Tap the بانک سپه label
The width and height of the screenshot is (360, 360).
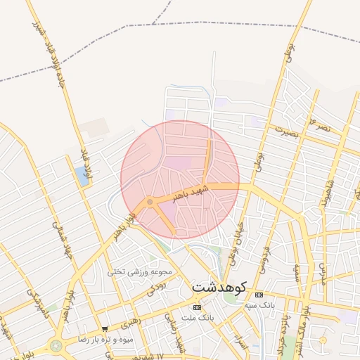[x=259, y=305]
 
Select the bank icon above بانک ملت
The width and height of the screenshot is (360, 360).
[x=196, y=307]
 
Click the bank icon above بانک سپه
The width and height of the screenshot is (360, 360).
[x=259, y=294]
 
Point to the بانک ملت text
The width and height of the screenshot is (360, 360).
[x=197, y=318]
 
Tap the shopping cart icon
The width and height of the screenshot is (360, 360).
[x=105, y=328]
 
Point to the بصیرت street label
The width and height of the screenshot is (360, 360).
[x=286, y=131]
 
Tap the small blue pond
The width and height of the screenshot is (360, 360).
[x=84, y=176]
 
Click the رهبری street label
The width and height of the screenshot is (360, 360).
[x=130, y=324]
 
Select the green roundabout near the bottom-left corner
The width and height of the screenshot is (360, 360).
[x=55, y=346]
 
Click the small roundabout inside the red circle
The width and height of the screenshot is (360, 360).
[x=150, y=202]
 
